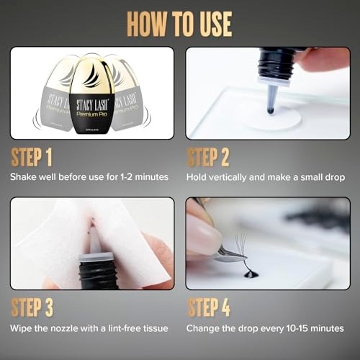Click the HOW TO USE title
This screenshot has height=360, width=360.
180,23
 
